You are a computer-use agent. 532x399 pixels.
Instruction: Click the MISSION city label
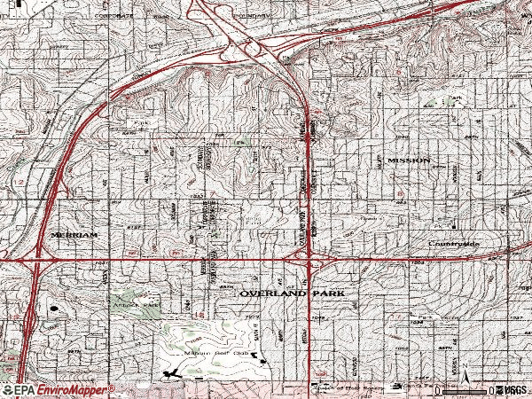409,160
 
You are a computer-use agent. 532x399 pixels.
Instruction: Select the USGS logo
512,390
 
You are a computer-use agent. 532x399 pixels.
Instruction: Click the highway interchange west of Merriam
35,258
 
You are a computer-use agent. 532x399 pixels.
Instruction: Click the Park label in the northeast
456,98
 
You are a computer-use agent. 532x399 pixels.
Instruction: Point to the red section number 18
13,317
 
